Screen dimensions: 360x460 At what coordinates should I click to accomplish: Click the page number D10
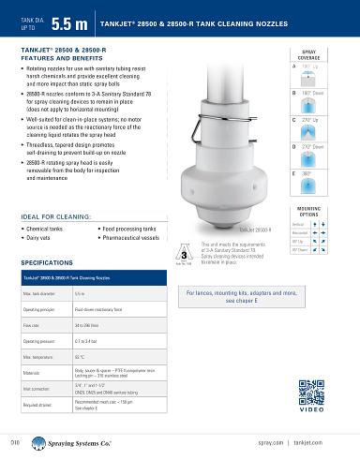click(14, 438)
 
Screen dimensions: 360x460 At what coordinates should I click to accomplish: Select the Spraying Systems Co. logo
click(75, 438)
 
